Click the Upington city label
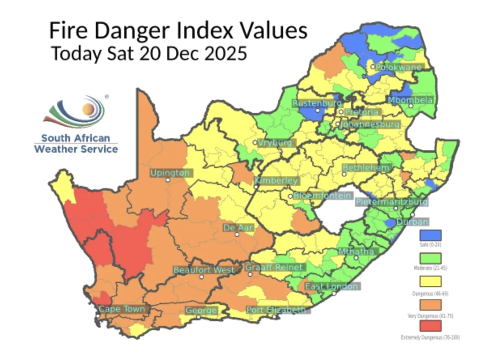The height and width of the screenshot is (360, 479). [170, 173]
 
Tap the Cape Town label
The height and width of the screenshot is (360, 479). [122, 309]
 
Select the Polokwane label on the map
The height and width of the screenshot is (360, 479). [398, 67]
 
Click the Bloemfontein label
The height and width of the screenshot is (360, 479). [322, 196]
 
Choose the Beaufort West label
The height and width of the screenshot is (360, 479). [204, 270]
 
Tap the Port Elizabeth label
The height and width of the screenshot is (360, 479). [276, 310]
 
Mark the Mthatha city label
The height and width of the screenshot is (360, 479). [356, 251]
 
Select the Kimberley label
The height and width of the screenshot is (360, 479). [276, 181]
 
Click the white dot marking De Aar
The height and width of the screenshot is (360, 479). [237, 234]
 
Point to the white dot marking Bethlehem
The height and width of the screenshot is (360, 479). [344, 175]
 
